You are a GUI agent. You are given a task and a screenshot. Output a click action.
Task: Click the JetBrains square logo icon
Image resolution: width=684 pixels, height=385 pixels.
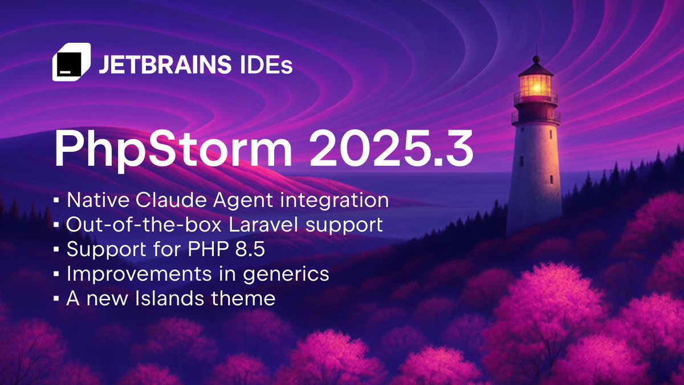coord(71,62)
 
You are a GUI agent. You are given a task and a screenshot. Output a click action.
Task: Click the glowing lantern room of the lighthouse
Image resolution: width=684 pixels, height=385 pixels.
coord(535,85)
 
